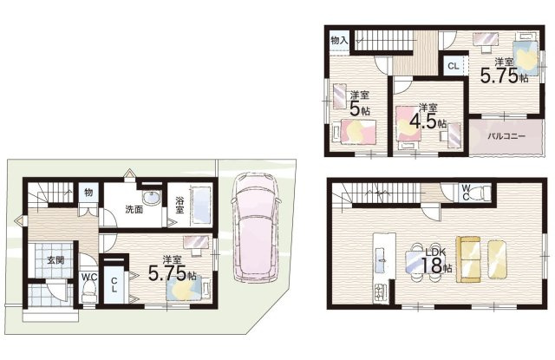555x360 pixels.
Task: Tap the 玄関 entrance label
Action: coord(55,260)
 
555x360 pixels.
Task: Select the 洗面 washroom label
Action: coord(134,210)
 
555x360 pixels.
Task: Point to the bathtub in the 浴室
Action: coord(200,206)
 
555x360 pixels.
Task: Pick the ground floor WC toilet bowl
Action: coord(88,291)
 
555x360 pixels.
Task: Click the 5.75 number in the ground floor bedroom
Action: coord(167,273)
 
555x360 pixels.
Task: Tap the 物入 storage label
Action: coord(339,41)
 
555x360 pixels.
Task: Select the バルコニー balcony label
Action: coord(506,136)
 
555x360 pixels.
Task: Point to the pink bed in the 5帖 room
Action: coord(354,132)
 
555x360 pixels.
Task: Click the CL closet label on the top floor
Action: coord(453,66)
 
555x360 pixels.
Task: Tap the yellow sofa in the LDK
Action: coord(468,259)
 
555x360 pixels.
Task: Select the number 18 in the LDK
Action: coord(431,265)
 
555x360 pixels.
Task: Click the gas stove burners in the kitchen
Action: coord(380,291)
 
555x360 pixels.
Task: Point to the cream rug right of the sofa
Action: coord(497,259)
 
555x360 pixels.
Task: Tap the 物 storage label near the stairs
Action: coord(88,193)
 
